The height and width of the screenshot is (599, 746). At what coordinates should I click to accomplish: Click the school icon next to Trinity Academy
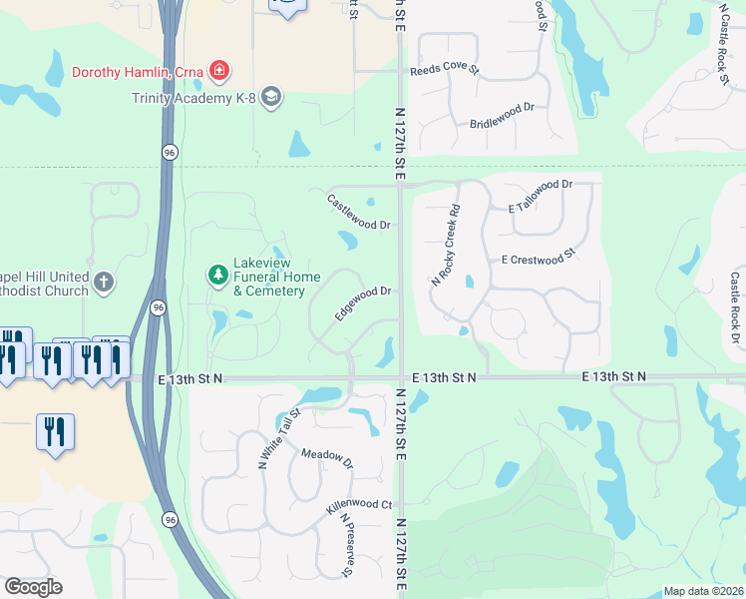(272, 97)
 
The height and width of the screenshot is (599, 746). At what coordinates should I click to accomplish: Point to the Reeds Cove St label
(445, 71)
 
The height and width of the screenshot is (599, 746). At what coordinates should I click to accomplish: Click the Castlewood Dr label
(358, 212)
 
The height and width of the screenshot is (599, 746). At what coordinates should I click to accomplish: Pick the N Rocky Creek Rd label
(446, 246)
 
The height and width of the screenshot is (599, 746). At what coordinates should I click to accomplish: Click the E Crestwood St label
(541, 259)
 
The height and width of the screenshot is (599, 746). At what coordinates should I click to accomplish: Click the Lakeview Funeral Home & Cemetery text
(269, 277)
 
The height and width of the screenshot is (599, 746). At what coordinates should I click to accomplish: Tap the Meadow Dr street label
(327, 458)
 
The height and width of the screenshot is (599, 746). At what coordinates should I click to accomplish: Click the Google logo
(33, 587)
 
